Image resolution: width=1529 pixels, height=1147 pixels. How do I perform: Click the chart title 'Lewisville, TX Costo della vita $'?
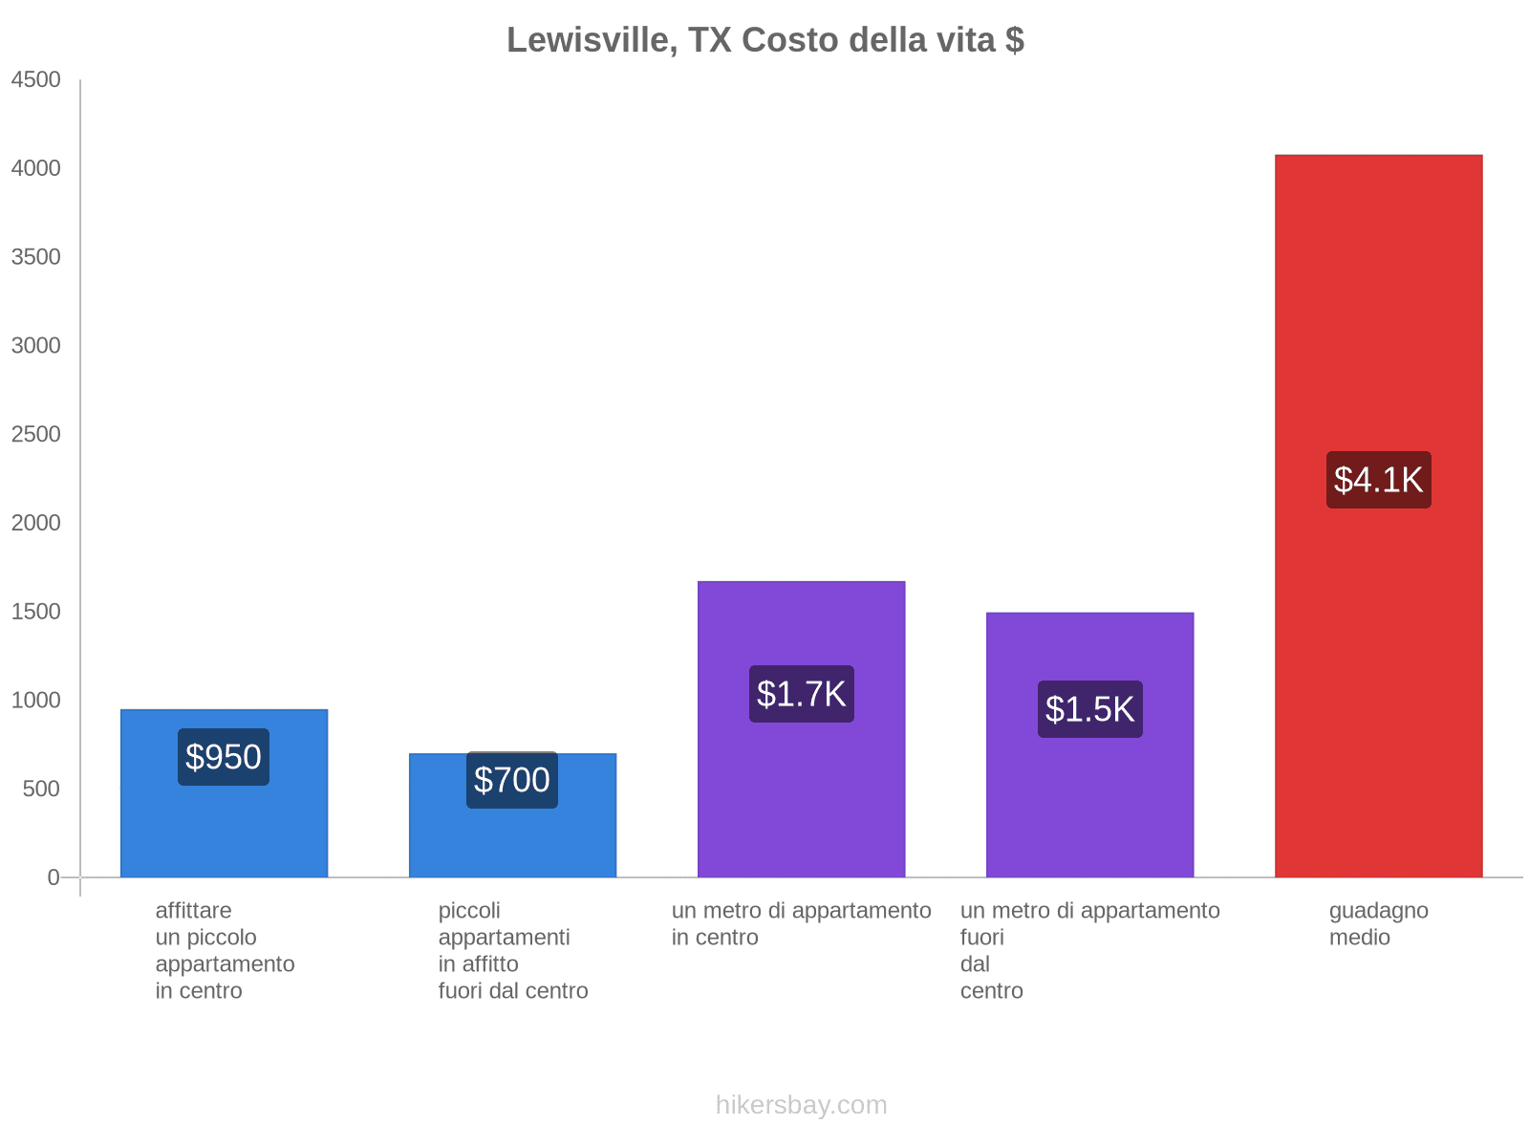coord(764,40)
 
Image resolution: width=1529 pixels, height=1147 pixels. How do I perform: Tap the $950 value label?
coord(224,757)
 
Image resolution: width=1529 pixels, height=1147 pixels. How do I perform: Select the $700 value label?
coord(512,780)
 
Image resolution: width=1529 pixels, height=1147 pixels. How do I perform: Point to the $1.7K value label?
coord(801,694)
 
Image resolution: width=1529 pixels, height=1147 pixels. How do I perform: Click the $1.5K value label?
coord(1089,709)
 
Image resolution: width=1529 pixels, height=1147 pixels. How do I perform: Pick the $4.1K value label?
coord(1378,480)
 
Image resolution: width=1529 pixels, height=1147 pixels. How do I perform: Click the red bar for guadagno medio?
coord(1378,287)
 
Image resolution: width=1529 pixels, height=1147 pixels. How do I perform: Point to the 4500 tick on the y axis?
coord(36,80)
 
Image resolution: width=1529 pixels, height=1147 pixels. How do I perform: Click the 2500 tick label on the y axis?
coord(36,435)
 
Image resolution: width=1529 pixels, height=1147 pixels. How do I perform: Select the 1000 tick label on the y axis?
coord(36,701)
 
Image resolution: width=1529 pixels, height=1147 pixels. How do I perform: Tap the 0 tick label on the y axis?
coord(54,877)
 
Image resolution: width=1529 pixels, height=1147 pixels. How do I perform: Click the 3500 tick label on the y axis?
coord(36,257)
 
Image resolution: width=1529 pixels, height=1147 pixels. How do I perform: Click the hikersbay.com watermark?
coord(801,1105)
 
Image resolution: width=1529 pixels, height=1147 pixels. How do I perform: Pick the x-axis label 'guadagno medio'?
coord(1378,924)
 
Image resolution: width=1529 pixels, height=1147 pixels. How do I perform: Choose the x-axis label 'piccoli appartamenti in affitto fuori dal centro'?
coord(512,951)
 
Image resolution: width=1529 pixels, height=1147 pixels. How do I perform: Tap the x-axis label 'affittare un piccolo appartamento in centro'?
coord(225,951)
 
